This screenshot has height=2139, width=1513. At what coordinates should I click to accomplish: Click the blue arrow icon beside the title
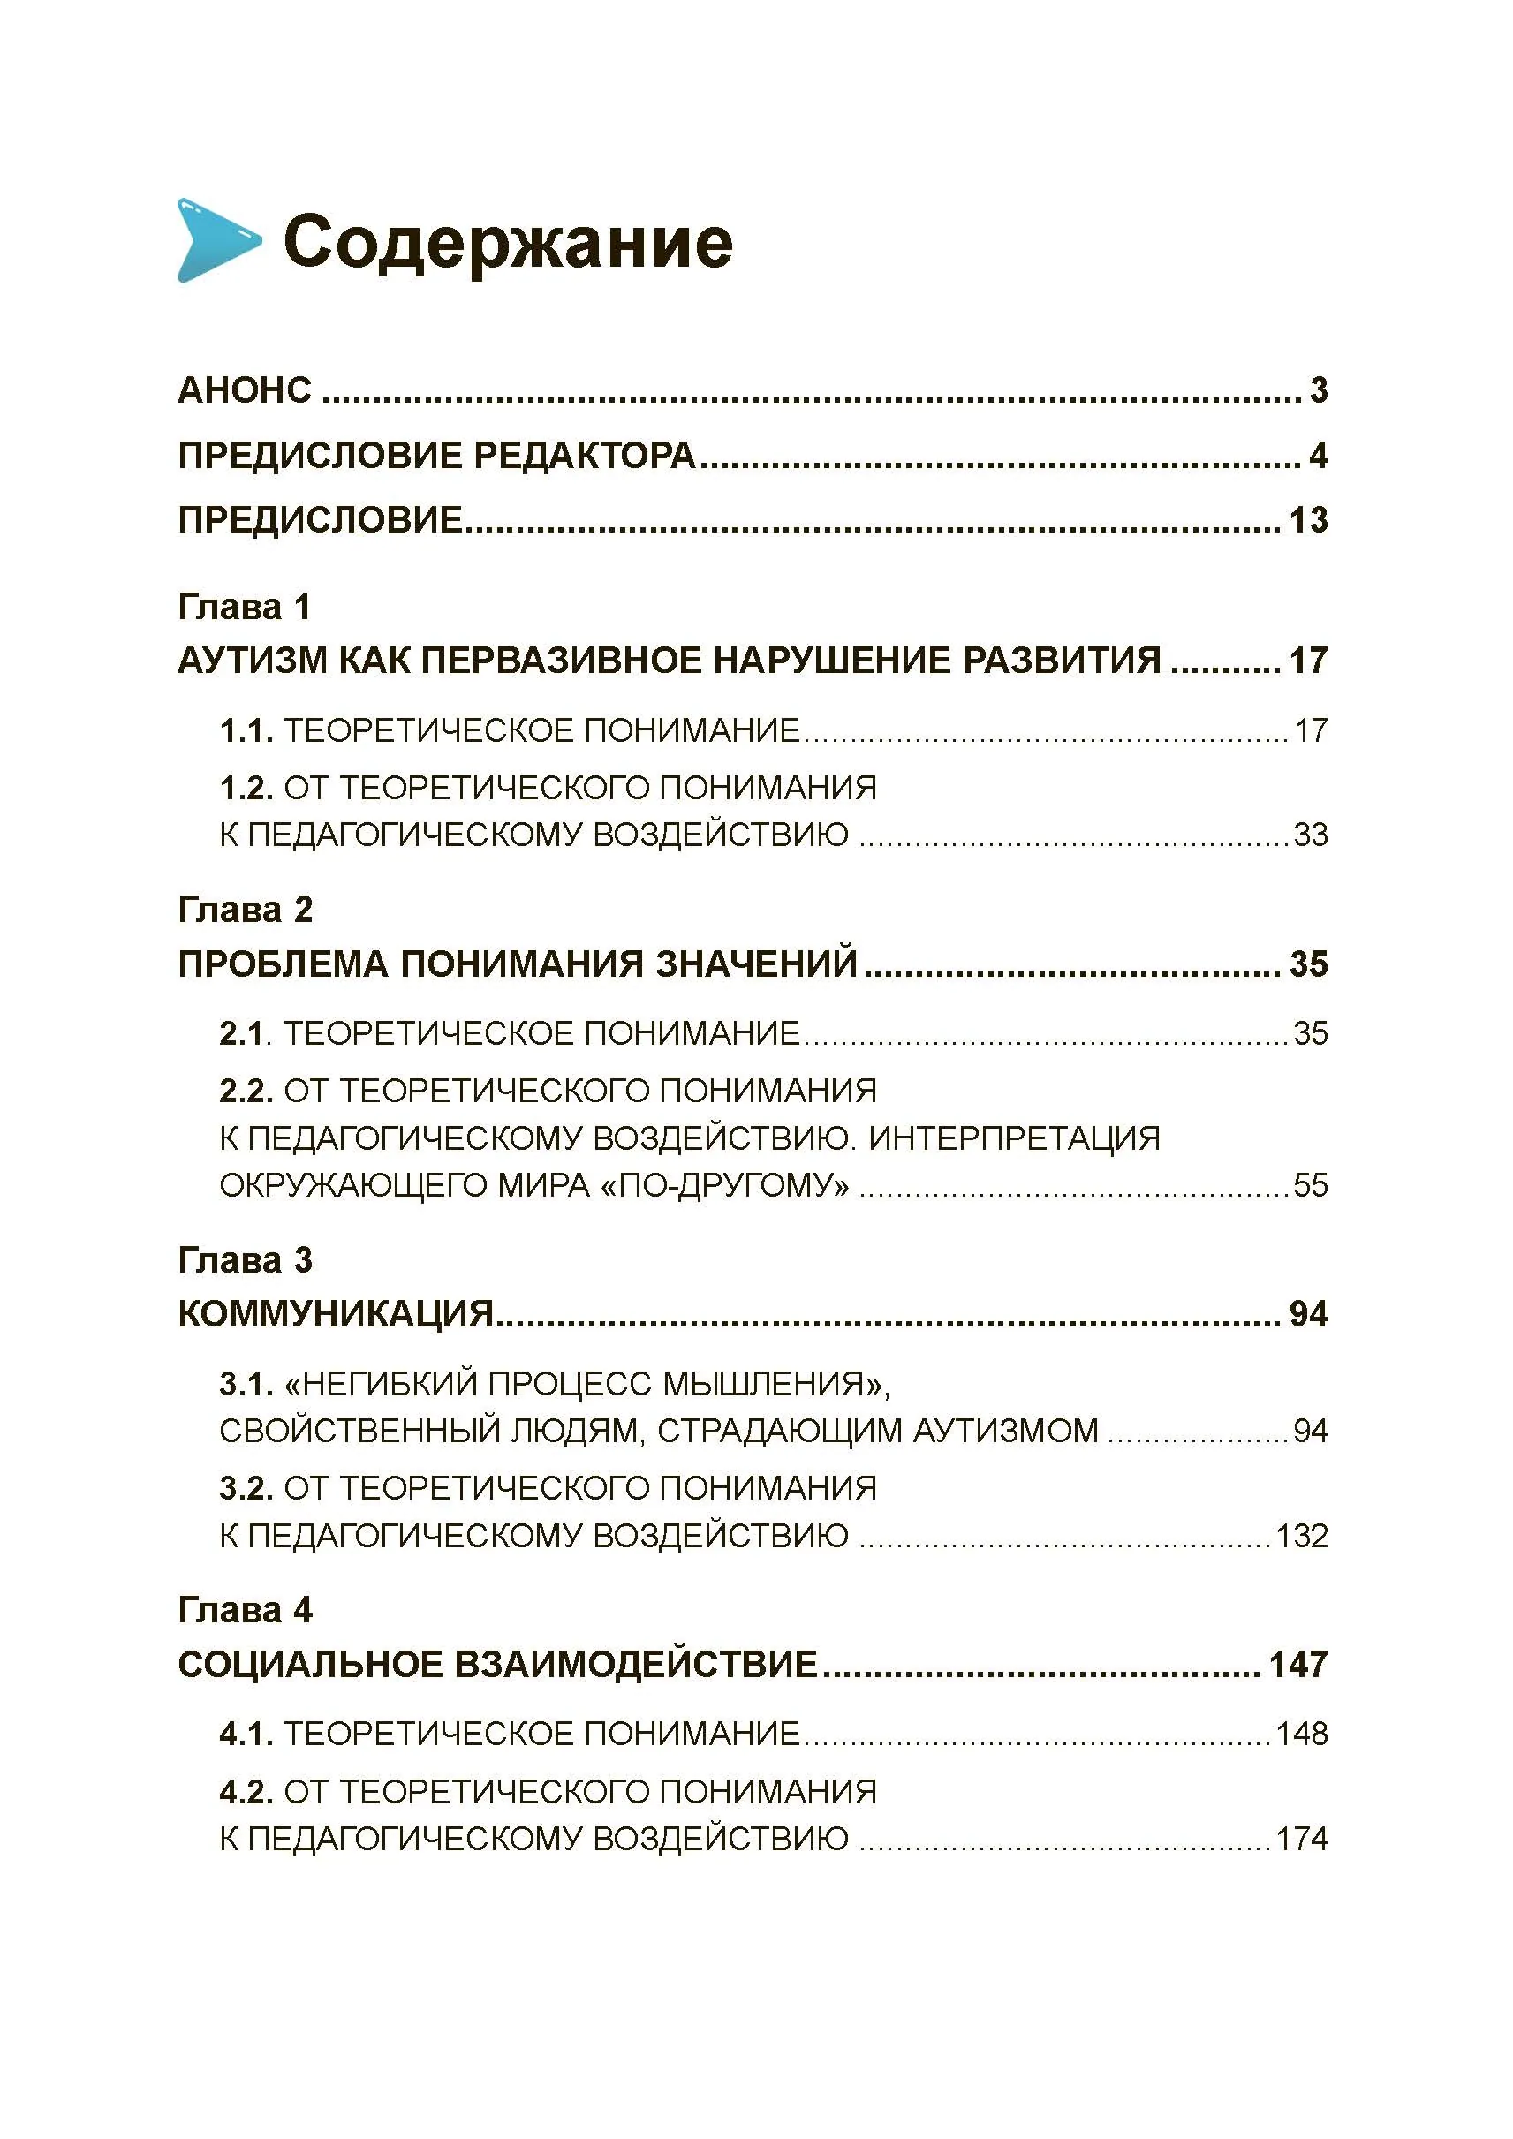pos(217,240)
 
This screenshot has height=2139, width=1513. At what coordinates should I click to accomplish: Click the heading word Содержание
pos(508,242)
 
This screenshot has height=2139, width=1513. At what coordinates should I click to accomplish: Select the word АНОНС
pos(244,390)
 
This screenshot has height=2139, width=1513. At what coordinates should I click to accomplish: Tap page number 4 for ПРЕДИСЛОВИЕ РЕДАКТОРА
pos(1317,456)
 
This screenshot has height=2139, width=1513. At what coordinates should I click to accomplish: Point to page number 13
pos(1308,520)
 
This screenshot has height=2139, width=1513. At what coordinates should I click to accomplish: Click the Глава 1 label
pos(244,607)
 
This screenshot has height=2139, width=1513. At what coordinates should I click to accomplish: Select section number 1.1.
pos(246,730)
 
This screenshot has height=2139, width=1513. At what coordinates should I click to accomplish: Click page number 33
pos(1309,835)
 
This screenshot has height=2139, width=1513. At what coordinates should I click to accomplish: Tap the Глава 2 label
pos(245,910)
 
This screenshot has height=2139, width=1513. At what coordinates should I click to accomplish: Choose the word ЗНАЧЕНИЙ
pos(755,964)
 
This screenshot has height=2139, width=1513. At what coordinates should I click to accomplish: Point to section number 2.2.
pos(246,1090)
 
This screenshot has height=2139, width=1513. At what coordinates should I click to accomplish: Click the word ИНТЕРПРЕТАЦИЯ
pos(1014,1138)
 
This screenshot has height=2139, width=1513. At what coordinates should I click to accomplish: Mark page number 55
pos(1309,1186)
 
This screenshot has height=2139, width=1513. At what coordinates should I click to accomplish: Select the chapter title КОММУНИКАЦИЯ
pos(336,1313)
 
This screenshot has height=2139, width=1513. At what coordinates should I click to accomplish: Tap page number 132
pos(1301,1535)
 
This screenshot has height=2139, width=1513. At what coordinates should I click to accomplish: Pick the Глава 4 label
pos(245,1610)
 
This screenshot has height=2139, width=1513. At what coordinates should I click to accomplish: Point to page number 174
pos(1301,1839)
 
